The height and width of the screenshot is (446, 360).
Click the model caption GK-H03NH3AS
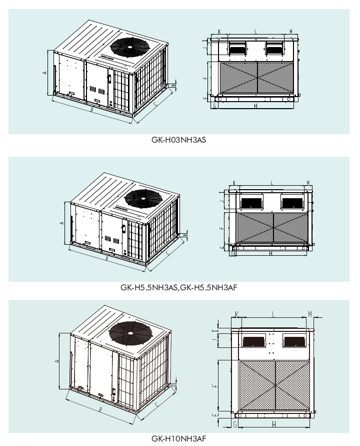click(x=178, y=141)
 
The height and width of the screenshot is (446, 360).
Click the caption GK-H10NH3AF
click(x=178, y=438)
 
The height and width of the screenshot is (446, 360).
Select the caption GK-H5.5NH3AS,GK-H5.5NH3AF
click(x=178, y=288)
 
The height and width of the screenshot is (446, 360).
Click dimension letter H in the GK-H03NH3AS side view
click(x=256, y=106)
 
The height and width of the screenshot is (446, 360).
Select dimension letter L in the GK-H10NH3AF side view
click(x=273, y=314)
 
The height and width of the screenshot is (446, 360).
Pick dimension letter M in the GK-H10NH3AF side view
click(x=310, y=314)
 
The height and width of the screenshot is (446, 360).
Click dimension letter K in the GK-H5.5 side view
click(x=234, y=183)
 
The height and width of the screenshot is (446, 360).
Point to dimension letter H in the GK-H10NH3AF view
click(x=273, y=424)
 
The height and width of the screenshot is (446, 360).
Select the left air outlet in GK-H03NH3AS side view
click(x=237, y=49)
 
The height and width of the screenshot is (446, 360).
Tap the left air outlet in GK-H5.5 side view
click(x=251, y=202)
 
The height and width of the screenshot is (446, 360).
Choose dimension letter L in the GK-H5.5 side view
click(x=271, y=183)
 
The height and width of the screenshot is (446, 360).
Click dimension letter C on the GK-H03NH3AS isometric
click(x=155, y=104)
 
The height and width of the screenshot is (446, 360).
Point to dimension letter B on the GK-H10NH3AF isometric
click(x=100, y=410)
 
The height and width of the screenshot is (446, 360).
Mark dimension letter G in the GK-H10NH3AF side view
click(x=235, y=424)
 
